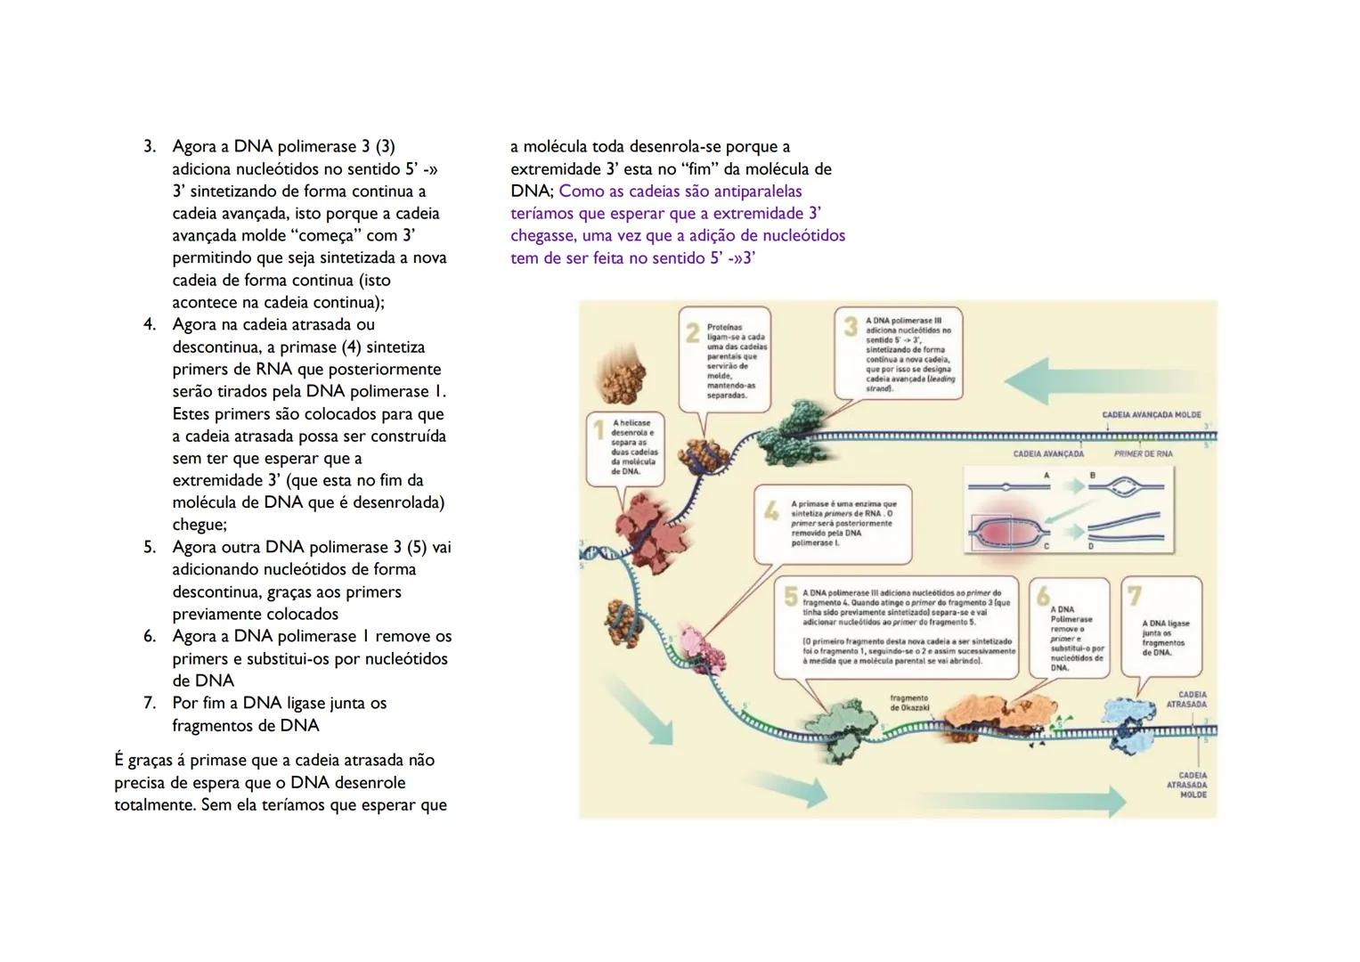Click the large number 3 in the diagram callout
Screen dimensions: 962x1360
click(x=851, y=327)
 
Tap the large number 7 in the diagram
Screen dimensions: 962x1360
click(x=1134, y=594)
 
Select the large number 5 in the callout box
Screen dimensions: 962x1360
click(x=790, y=597)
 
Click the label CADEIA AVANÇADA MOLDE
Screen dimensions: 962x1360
click(x=1151, y=415)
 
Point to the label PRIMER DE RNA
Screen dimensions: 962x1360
click(x=1143, y=453)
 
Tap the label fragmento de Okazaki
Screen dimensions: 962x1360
click(x=908, y=703)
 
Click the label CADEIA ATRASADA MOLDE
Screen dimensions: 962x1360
click(x=1193, y=785)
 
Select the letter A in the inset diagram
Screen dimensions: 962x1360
click(x=1046, y=476)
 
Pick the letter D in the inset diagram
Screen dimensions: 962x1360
click(x=1090, y=546)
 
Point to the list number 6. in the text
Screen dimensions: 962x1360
click(x=150, y=636)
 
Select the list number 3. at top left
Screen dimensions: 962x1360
click(x=150, y=146)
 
